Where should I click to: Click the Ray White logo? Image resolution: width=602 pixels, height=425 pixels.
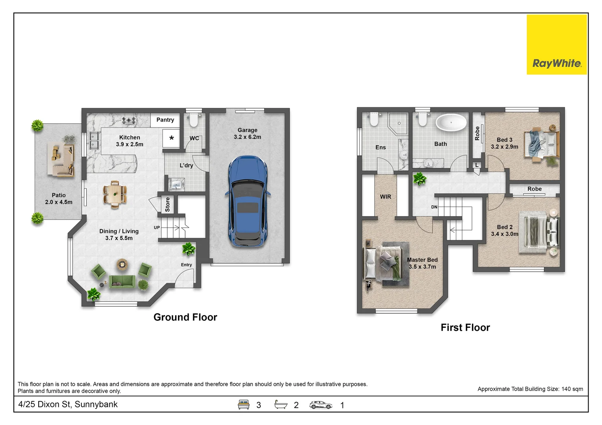(x=557, y=44)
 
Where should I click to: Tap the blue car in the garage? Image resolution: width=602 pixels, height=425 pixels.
(x=248, y=201)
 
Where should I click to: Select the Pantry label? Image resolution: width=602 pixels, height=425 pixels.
(x=165, y=120)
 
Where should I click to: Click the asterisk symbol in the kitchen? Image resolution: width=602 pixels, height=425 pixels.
(x=171, y=139)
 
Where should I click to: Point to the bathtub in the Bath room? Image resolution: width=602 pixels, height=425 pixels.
(x=451, y=122)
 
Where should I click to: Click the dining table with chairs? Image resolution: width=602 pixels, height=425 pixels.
(x=115, y=194)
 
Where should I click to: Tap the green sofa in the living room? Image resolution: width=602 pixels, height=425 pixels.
(x=122, y=281)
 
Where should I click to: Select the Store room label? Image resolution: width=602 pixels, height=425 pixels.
(x=167, y=205)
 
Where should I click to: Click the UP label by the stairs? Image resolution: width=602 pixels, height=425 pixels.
(x=157, y=227)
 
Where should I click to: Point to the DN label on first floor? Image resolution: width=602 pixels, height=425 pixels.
(x=434, y=207)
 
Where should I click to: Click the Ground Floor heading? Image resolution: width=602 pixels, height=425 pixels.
(x=185, y=317)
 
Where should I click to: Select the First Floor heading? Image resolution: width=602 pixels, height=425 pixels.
(x=465, y=327)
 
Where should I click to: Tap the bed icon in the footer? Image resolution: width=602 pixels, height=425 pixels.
(x=243, y=405)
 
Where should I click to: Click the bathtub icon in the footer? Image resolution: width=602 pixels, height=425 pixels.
(x=281, y=405)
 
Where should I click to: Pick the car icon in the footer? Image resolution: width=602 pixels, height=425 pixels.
(x=320, y=405)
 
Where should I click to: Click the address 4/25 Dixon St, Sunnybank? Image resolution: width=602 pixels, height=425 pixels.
(x=68, y=404)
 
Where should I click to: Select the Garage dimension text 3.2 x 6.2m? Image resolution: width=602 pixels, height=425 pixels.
(x=247, y=137)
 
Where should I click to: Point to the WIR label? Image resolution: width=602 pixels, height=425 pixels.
(x=385, y=197)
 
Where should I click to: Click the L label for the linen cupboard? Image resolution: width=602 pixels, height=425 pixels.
(x=476, y=165)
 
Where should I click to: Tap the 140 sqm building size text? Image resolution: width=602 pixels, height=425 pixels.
(x=572, y=389)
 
